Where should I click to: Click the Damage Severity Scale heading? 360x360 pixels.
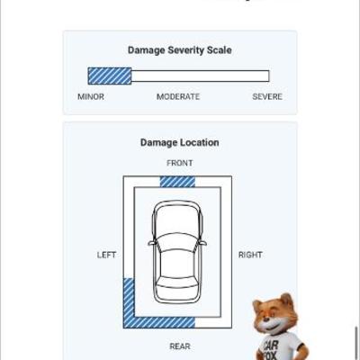pyautogui.click(x=180, y=50)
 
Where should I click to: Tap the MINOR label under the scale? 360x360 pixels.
pyautogui.click(x=91, y=96)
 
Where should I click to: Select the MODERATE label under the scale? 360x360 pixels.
pyautogui.click(x=178, y=96)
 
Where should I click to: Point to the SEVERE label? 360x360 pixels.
pyautogui.click(x=267, y=96)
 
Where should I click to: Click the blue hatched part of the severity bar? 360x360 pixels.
pyautogui.click(x=110, y=76)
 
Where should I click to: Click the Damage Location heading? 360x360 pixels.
pyautogui.click(x=180, y=142)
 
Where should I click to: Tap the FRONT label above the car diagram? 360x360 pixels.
pyautogui.click(x=180, y=163)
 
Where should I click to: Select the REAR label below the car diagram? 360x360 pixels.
pyautogui.click(x=180, y=346)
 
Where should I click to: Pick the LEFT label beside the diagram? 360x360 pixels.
pyautogui.click(x=106, y=255)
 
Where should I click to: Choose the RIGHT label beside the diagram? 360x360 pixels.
pyautogui.click(x=250, y=255)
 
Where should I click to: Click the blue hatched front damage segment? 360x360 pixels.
pyautogui.click(x=177, y=182)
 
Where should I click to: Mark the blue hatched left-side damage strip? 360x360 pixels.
pyautogui.click(x=129, y=300)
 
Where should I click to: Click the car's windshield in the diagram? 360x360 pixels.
pyautogui.click(x=177, y=241)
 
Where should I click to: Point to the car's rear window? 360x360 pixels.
pyautogui.click(x=177, y=283)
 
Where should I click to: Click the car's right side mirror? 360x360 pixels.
pyautogui.click(x=202, y=243)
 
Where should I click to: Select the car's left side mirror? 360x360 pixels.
pyautogui.click(x=152, y=243)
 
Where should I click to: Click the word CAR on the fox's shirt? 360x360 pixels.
pyautogui.click(x=271, y=344)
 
